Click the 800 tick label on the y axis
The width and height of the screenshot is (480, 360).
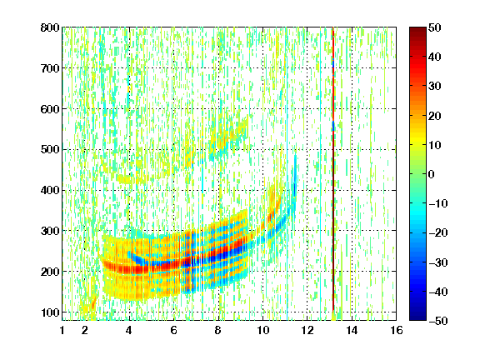click(x=50, y=27)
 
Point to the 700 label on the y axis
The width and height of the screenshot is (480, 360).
click(x=50, y=68)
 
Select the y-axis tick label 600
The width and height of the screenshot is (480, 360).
click(x=50, y=109)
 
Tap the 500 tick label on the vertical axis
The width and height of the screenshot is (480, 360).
click(x=50, y=150)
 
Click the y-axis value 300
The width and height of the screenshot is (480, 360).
click(x=50, y=231)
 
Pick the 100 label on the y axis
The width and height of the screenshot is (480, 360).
click(x=50, y=312)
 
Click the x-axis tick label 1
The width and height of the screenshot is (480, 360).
click(x=62, y=330)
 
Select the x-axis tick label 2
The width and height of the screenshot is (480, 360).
click(x=85, y=330)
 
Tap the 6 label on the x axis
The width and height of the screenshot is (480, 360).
click(x=174, y=330)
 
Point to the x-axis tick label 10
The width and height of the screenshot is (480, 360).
click(x=262, y=330)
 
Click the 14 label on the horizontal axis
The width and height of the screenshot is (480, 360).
click(x=352, y=330)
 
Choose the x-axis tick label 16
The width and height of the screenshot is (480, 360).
click(x=397, y=330)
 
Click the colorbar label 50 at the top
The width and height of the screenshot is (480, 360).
click(x=435, y=27)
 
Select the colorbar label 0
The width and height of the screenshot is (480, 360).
click(x=432, y=174)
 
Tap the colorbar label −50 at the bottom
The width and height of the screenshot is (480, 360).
click(x=438, y=321)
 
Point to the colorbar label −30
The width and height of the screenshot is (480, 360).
click(x=438, y=262)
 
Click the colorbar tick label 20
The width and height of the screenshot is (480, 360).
click(x=435, y=116)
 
